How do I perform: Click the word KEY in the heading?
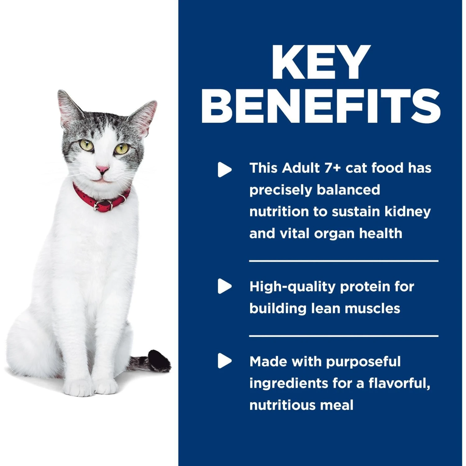coord(321,62)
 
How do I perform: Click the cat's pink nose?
coord(102,169)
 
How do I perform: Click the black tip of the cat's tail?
coord(158,360)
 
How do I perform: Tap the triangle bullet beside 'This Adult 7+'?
coord(224,170)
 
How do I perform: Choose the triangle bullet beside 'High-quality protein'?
coord(224,286)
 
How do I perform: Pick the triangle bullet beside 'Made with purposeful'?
coord(224,361)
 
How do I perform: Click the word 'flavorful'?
coord(399,383)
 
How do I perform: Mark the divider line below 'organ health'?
coord(344,261)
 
